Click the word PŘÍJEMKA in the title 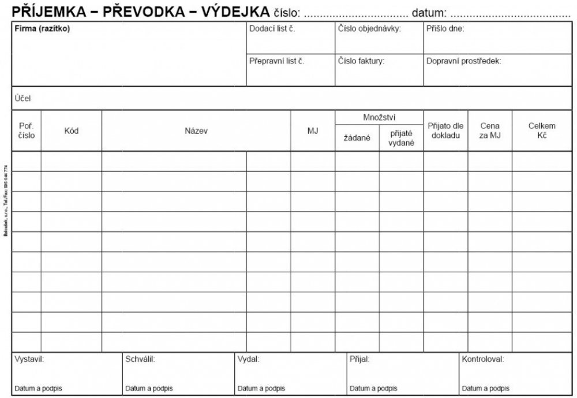click(x=48, y=11)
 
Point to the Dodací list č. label click(x=272, y=29)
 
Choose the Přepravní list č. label click(x=276, y=60)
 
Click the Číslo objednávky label click(x=369, y=29)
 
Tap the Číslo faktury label click(x=361, y=60)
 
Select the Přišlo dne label click(x=445, y=29)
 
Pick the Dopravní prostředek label click(x=464, y=60)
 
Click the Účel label click(x=23, y=98)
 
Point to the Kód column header click(x=71, y=131)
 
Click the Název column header click(x=196, y=131)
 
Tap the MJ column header click(x=313, y=131)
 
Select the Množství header click(x=379, y=117)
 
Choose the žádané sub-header click(x=357, y=138)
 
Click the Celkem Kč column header click(x=542, y=130)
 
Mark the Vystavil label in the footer click(x=29, y=359)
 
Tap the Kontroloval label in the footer click(x=483, y=359)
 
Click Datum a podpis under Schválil click(x=149, y=388)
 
